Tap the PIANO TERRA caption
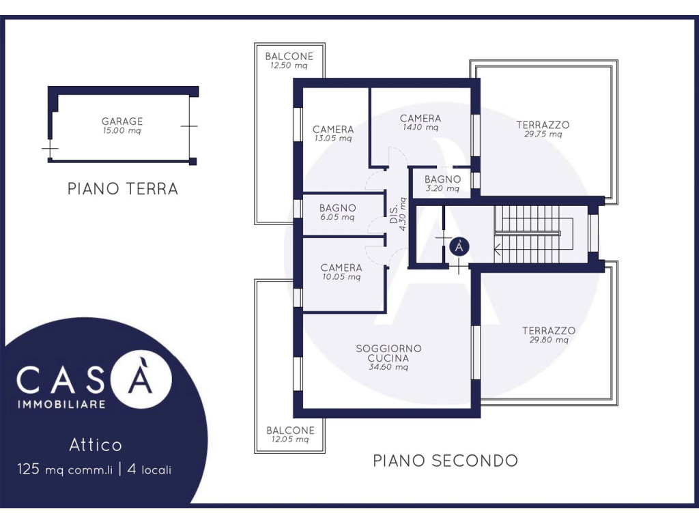[123, 188]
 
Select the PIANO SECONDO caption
[445, 461]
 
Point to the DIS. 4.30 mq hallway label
[398, 214]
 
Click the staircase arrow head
[497, 250]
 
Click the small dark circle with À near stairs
[459, 246]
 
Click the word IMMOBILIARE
[61, 404]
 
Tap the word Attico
[96, 445]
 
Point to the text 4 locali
[149, 469]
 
